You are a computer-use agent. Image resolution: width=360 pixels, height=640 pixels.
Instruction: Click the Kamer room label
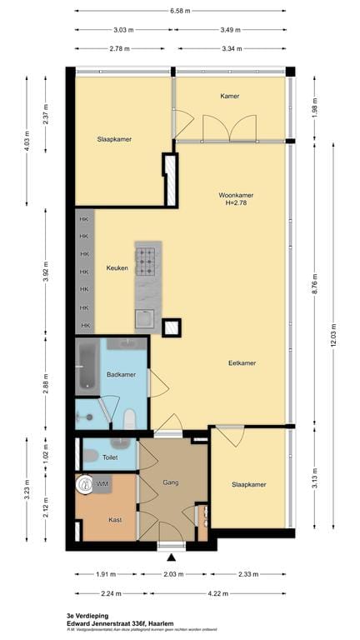pos(230,97)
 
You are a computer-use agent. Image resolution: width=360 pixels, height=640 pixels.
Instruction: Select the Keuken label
pos(117,268)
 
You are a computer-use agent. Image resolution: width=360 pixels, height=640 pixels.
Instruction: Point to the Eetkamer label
pos(242,363)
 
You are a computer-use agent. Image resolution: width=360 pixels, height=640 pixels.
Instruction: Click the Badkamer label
pos(121,375)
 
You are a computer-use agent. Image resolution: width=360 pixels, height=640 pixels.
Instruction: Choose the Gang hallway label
pos(171,482)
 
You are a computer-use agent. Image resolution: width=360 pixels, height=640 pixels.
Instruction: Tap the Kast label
pos(115,520)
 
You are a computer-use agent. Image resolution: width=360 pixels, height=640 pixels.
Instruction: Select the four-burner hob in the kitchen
pos(146,262)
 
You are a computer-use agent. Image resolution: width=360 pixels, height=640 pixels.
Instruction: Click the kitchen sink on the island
pos(145,318)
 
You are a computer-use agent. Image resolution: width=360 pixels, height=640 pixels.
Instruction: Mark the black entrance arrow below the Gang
pos(172,556)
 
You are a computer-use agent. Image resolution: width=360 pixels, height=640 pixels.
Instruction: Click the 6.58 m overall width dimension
pos(179,11)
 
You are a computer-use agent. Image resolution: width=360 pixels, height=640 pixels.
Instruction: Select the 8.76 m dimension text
pos(314,288)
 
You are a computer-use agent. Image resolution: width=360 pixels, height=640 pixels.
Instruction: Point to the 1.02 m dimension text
pos(45,456)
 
